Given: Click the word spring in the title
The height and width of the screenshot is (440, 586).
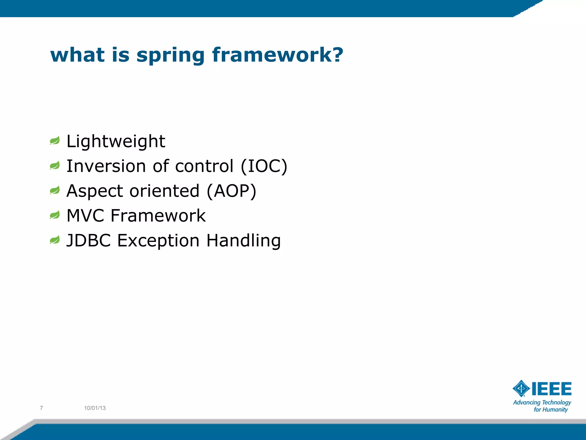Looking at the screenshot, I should point(171,56).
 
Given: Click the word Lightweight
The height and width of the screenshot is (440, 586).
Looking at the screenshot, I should point(116,142).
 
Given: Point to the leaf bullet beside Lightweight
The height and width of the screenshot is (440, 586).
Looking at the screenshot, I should point(55,141).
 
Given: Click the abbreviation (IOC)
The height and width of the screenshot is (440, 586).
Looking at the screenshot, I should point(264,166).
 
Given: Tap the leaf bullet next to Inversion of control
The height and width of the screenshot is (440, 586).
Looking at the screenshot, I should point(55,166).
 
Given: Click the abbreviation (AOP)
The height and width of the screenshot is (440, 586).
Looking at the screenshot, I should point(231,191).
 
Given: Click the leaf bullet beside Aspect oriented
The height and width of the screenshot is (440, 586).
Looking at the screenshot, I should point(55,190).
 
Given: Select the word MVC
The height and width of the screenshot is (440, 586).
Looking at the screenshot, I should point(85,216).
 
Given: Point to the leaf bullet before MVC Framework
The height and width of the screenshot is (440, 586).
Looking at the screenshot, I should point(55,215).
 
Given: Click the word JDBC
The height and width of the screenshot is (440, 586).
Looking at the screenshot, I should point(88,240).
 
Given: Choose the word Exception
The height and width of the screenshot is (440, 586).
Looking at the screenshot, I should point(158,241).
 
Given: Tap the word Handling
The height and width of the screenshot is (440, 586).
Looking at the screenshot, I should point(243,241).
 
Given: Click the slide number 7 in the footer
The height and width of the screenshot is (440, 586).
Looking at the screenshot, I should point(41,408).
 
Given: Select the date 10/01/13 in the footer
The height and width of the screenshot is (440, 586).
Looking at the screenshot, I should point(95,408).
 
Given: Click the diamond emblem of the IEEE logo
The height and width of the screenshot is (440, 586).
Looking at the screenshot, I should point(521,388).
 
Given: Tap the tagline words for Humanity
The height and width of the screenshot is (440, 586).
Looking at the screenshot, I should point(551,410).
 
